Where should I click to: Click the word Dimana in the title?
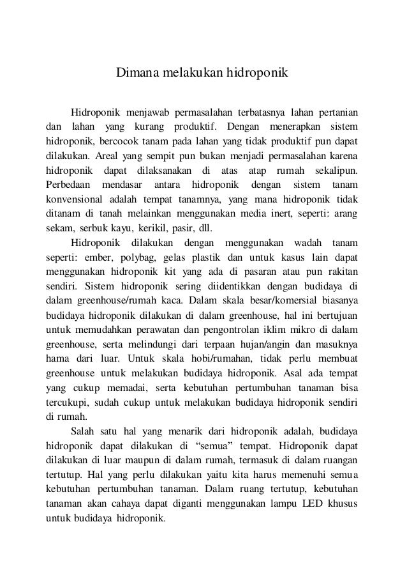(x=131, y=73)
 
